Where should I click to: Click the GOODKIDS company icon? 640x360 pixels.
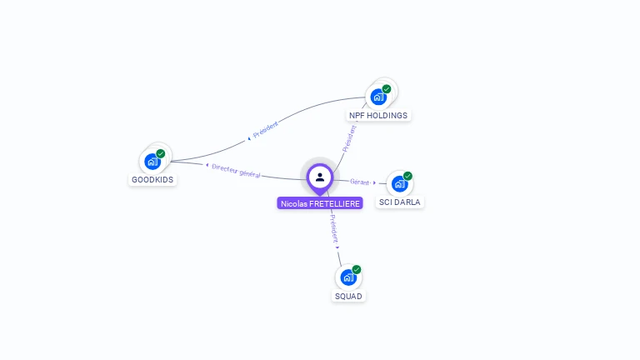(152, 162)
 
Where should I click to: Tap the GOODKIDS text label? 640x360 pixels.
(152, 180)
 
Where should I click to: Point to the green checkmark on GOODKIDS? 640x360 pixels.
(160, 154)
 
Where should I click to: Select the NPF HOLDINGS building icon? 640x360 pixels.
(378, 97)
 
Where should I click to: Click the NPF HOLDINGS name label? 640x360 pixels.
(378, 116)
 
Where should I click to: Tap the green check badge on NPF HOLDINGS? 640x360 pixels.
(387, 89)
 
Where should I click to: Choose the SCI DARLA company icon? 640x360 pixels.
(400, 184)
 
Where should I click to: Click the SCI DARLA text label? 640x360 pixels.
(400, 202)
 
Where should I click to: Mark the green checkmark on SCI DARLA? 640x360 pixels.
(407, 176)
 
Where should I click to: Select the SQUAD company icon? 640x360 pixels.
(348, 277)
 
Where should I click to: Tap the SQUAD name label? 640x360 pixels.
(348, 297)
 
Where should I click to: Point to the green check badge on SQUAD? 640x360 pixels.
(357, 269)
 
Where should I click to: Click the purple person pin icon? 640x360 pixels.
(320, 178)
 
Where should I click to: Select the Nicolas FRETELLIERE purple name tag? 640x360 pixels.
(320, 203)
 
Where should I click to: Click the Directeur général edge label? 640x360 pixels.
(236, 171)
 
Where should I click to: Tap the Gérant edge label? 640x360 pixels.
(360, 182)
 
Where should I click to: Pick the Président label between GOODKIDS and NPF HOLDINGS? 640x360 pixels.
(266, 129)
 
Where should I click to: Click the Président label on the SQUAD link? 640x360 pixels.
(334, 229)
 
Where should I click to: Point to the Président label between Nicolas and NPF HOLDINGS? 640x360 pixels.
(349, 139)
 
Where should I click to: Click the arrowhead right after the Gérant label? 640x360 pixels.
(374, 182)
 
